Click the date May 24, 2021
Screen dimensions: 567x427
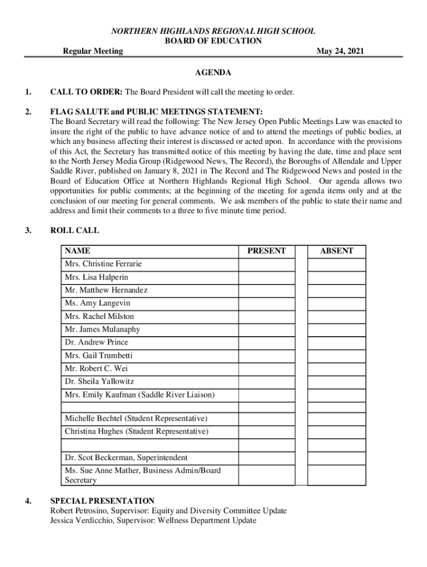coord(340,51)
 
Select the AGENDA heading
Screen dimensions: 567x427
coord(213,73)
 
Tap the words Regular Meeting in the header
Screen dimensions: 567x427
coord(93,51)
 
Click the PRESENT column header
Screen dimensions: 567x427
coord(267,251)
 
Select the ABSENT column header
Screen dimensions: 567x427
coord(337,251)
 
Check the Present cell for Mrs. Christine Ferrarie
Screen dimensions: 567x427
coord(267,264)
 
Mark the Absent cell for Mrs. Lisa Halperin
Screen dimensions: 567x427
coord(337,277)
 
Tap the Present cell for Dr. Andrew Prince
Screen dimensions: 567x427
coord(267,342)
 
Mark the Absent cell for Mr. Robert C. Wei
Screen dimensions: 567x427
coord(337,368)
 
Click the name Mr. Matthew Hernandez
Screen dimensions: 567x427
coord(106,290)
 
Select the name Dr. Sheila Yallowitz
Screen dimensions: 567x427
coord(100,382)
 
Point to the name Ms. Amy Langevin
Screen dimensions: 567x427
coord(98,303)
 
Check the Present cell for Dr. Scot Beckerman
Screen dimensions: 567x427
coord(267,458)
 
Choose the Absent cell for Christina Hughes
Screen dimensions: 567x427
coord(337,431)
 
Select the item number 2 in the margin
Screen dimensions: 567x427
coord(28,111)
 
